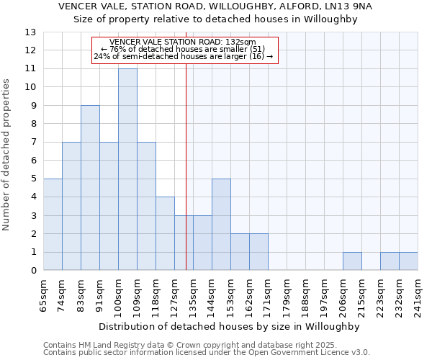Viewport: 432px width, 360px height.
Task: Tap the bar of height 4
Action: click(x=165, y=233)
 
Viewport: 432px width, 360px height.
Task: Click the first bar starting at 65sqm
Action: click(x=53, y=224)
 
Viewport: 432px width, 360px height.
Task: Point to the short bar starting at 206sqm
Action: click(x=352, y=261)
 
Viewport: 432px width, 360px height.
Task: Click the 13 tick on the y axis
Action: click(x=30, y=32)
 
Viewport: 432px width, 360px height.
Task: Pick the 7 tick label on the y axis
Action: click(x=32, y=143)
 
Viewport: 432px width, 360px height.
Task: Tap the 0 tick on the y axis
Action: click(x=32, y=271)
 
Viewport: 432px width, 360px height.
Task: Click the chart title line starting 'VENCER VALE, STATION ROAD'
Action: click(x=215, y=6)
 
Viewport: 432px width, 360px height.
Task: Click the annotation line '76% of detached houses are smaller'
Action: click(x=185, y=49)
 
